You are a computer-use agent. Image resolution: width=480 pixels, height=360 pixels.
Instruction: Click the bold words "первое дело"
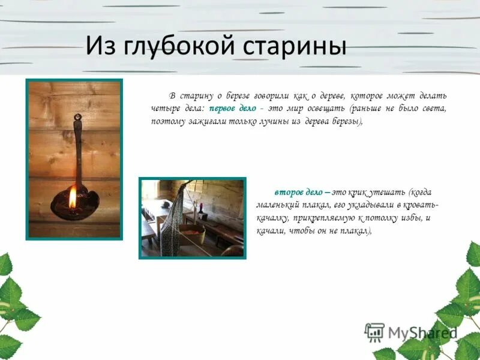[232, 109]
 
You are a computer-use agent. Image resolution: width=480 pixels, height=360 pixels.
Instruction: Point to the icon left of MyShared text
[374, 332]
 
